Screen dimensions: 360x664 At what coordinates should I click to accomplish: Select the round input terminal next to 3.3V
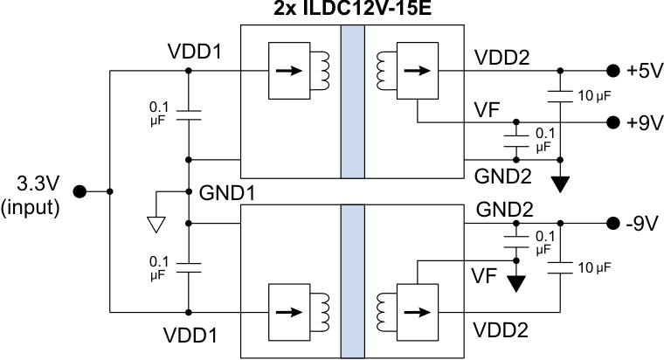(x=79, y=191)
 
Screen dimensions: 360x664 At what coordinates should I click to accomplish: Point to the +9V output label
(x=644, y=123)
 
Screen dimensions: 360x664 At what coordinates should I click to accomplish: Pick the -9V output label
(x=642, y=224)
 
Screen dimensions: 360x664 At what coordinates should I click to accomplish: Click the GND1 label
(x=226, y=192)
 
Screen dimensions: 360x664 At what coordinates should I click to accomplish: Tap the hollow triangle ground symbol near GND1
(x=156, y=225)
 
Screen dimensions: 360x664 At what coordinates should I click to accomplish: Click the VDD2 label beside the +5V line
(x=501, y=58)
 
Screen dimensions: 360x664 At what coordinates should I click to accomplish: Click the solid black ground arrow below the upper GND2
(x=561, y=183)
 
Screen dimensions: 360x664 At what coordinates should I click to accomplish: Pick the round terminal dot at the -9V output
(x=611, y=224)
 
